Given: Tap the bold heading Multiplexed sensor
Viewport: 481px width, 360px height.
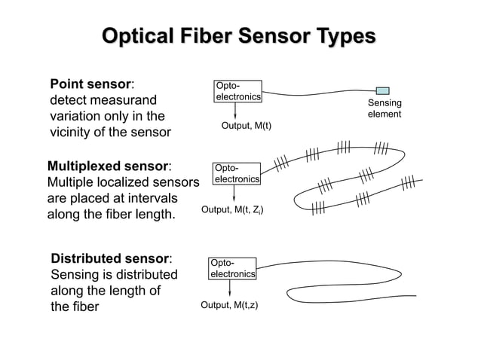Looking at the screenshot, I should [108, 165].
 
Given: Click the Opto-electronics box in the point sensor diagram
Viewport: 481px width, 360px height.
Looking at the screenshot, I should [237, 91].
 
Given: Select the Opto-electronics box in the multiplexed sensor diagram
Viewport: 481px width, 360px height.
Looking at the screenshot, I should [237, 174].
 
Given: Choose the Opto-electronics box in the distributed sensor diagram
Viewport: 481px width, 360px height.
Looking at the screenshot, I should [233, 268].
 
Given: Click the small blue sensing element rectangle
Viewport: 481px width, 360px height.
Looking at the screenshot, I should [382, 90].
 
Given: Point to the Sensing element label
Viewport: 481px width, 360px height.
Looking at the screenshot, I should [384, 108].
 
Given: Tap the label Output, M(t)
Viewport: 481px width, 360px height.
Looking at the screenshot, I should [246, 126].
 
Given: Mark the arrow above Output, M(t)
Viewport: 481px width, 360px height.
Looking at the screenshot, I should [236, 110].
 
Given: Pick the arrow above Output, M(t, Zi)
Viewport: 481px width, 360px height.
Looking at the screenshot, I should [234, 194].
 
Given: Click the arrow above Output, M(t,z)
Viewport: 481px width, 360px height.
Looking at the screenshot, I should [230, 288].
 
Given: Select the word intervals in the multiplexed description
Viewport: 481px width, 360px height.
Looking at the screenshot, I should [152, 198].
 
